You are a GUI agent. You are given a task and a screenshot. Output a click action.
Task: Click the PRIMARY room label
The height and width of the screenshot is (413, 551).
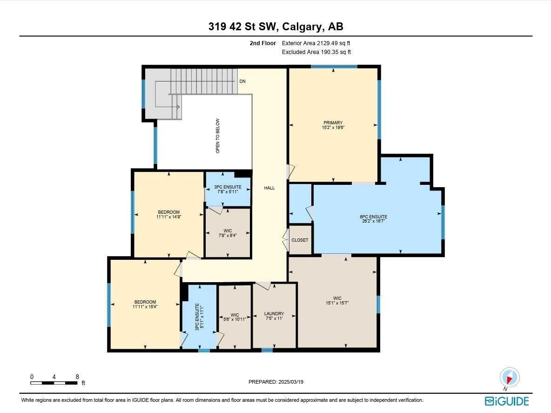(333, 123)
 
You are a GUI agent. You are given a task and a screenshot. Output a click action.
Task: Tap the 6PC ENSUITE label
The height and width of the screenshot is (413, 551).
(373, 217)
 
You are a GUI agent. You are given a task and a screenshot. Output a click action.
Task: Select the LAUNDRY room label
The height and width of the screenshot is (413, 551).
(274, 314)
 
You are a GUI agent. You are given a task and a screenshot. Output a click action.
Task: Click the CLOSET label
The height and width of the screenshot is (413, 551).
(300, 240)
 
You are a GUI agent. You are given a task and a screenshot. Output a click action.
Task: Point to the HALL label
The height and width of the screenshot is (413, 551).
(269, 188)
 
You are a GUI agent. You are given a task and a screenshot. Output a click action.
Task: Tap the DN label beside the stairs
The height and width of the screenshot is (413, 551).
(242, 81)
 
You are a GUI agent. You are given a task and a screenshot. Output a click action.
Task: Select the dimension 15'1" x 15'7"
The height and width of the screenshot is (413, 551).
(337, 303)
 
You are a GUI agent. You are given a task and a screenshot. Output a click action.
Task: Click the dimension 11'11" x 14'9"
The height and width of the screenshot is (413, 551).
(168, 217)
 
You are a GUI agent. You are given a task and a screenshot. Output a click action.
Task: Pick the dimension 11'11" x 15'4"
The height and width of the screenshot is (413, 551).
(145, 307)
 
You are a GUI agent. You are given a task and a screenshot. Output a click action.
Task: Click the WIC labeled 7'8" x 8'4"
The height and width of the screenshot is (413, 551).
(228, 230)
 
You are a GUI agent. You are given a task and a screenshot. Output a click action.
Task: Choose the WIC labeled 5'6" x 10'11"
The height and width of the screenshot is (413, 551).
(235, 316)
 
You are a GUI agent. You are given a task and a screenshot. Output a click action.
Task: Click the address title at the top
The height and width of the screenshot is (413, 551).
(275, 27)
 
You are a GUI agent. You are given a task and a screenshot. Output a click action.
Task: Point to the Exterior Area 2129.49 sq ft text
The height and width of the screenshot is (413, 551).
(316, 43)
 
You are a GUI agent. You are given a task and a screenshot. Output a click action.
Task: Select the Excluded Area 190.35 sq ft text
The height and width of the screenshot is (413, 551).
(316, 52)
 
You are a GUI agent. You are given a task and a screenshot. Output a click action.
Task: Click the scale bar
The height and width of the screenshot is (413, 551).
(54, 383)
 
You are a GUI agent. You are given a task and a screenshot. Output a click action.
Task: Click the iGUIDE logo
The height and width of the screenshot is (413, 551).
(507, 401)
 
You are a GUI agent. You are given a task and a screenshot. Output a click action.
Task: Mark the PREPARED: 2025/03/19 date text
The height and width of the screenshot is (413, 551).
(276, 382)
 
